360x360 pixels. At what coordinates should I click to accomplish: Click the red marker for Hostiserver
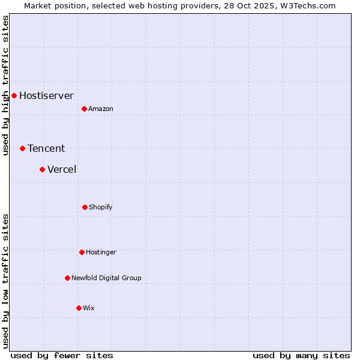click(x=14, y=95)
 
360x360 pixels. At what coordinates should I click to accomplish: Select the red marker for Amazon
click(x=84, y=109)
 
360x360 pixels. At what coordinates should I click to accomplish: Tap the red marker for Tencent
click(x=22, y=148)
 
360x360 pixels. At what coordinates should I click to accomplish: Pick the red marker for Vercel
click(x=42, y=169)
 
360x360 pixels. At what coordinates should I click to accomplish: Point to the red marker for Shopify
click(x=85, y=207)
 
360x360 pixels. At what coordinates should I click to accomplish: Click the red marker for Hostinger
click(x=82, y=252)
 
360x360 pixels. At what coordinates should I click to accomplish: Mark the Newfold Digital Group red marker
click(x=67, y=278)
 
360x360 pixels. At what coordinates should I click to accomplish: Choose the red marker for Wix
click(x=79, y=308)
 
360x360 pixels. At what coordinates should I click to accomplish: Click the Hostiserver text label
click(x=46, y=96)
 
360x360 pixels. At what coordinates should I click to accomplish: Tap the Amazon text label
click(x=101, y=109)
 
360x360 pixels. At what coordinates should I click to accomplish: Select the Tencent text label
click(x=46, y=149)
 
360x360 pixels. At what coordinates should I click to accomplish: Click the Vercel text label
click(x=62, y=170)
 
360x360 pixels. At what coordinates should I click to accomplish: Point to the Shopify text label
click(x=101, y=208)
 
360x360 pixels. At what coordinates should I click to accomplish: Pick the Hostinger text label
click(x=101, y=253)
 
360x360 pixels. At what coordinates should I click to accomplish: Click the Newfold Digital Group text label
click(x=106, y=278)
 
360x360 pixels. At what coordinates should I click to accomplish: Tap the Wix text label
click(x=89, y=308)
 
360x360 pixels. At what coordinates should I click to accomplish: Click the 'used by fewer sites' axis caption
click(x=62, y=355)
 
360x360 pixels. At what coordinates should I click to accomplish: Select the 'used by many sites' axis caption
click(x=301, y=355)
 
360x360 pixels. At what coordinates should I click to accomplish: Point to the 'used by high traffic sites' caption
click(x=5, y=86)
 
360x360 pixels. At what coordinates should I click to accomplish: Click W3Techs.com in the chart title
click(x=306, y=5)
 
